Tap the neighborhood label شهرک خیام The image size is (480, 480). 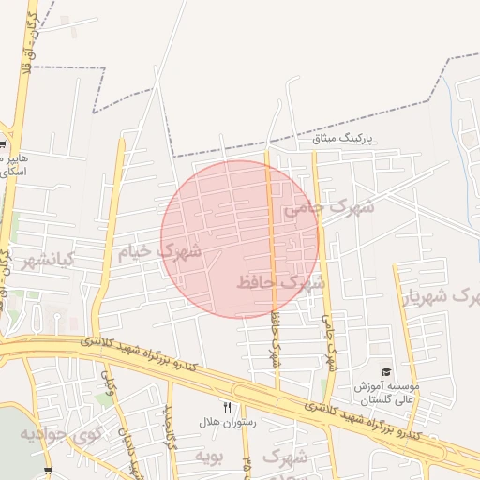[159, 252]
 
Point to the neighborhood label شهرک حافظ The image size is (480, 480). [280, 281]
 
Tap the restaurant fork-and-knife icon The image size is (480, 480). [227, 407]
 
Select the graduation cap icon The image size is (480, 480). [386, 372]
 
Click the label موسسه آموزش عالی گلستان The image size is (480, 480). [386, 393]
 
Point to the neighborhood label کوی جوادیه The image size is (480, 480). [60, 435]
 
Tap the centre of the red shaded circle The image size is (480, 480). [240, 239]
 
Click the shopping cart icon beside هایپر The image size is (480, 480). [3, 145]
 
